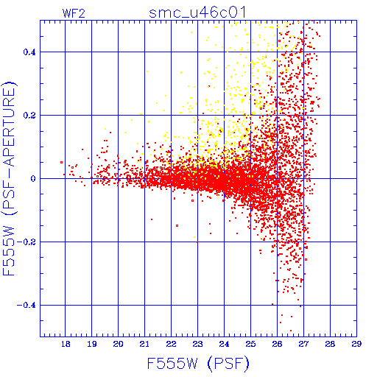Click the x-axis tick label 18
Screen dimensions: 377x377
point(66,344)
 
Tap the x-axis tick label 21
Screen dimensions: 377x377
point(144,344)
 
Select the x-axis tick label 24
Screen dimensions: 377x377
point(224,344)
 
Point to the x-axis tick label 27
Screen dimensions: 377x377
point(303,344)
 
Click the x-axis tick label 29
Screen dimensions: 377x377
point(356,344)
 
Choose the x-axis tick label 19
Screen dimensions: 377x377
point(92,344)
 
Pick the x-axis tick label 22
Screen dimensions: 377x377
point(171,344)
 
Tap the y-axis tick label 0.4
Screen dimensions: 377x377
point(29,52)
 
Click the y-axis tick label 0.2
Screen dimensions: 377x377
point(29,116)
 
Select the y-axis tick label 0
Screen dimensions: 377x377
point(33,179)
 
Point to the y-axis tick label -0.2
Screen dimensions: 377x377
point(26,242)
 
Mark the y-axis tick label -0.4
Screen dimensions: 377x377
point(26,306)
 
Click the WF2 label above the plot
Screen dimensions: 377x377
point(74,13)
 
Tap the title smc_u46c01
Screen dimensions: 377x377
point(197,13)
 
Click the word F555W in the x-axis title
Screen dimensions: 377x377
point(172,363)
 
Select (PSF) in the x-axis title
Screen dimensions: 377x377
point(228,364)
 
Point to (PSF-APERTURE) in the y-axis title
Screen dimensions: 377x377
point(10,148)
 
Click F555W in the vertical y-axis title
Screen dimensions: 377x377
point(9,252)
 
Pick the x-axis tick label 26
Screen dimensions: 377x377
point(277,344)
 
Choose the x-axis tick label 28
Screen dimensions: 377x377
point(330,344)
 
